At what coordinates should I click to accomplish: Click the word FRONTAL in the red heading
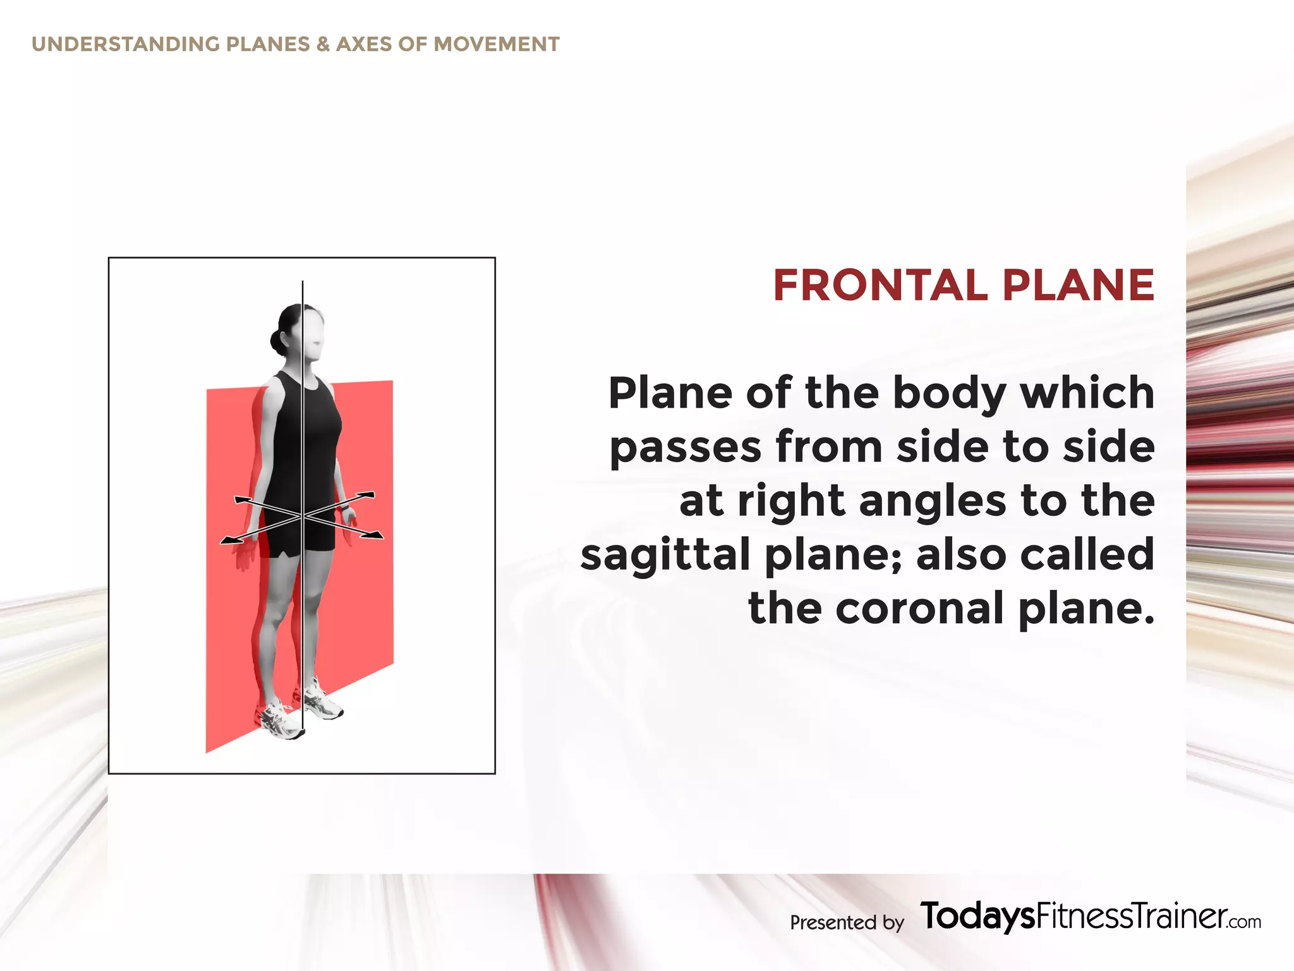pos(880,285)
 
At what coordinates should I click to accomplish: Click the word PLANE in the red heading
pos(1078,285)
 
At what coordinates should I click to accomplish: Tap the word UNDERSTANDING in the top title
pos(126,44)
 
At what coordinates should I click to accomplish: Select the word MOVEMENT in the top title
pos(497,44)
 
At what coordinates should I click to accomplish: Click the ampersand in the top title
pos(323,44)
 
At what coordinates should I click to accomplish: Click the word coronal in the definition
pos(920,608)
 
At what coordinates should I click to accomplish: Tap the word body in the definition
pos(950,393)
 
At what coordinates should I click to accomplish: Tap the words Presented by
pos(847,922)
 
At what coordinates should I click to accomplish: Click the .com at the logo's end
pos(1245,922)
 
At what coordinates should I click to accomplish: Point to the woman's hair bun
pos(277,341)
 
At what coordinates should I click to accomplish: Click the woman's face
pos(313,335)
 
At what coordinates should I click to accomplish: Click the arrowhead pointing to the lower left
pos(228,540)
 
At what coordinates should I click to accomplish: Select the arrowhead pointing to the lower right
pos(375,536)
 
